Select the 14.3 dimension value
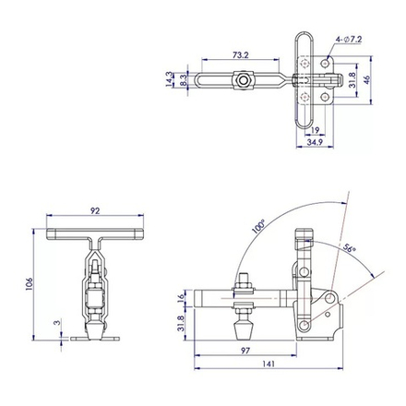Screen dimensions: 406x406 click(x=169, y=79)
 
